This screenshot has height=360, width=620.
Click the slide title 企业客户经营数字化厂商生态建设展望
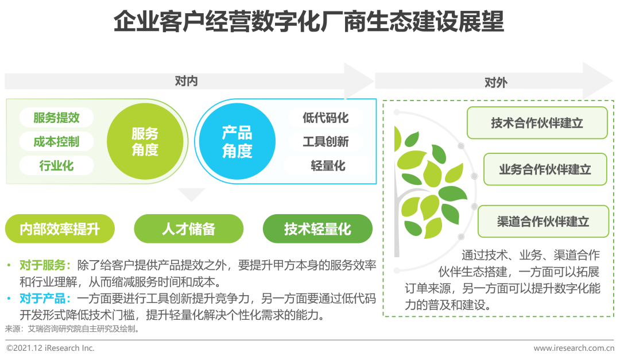pyautogui.click(x=309, y=21)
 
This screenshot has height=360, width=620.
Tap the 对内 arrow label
pyautogui.click(x=186, y=81)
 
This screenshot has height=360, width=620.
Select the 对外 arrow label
pyautogui.click(x=496, y=82)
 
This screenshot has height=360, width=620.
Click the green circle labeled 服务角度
pyautogui.click(x=145, y=141)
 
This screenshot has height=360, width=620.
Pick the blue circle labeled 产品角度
pyautogui.click(x=237, y=141)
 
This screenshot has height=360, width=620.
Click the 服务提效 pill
pyautogui.click(x=56, y=118)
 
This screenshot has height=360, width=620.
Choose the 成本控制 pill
pyautogui.click(x=56, y=141)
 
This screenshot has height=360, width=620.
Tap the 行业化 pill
pyautogui.click(x=56, y=165)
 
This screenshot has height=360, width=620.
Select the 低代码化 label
pyautogui.click(x=326, y=118)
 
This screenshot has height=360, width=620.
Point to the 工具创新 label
pyautogui.click(x=326, y=141)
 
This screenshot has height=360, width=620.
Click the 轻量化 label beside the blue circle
pyautogui.click(x=328, y=165)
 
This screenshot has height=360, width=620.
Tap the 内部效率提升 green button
pyautogui.click(x=60, y=229)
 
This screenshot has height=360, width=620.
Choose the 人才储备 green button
pyautogui.click(x=189, y=229)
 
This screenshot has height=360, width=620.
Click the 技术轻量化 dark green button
pyautogui.click(x=317, y=229)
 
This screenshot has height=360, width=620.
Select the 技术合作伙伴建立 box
pyautogui.click(x=537, y=123)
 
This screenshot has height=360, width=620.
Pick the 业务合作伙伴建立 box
pyautogui.click(x=545, y=169)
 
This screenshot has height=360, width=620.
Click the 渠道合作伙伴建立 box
pyautogui.click(x=543, y=221)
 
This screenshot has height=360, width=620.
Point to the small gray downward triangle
pyautogui.click(x=191, y=194)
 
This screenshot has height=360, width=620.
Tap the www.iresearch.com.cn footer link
pyautogui.click(x=573, y=348)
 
